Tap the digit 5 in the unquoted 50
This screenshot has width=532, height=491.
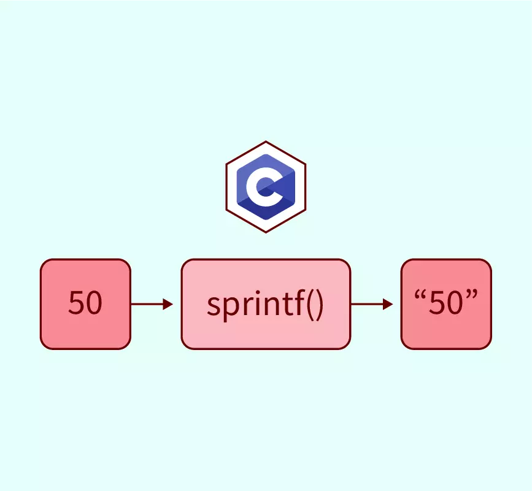(76, 303)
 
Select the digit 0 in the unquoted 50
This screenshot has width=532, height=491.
(93, 303)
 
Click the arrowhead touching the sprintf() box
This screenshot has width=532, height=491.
(168, 304)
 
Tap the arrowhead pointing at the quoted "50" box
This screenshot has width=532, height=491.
(388, 304)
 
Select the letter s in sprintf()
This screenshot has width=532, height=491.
(213, 306)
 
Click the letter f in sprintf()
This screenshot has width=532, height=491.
(293, 303)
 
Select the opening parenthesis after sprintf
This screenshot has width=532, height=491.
(305, 305)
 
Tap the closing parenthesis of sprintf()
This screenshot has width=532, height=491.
(317, 305)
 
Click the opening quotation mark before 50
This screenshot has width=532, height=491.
(420, 295)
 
